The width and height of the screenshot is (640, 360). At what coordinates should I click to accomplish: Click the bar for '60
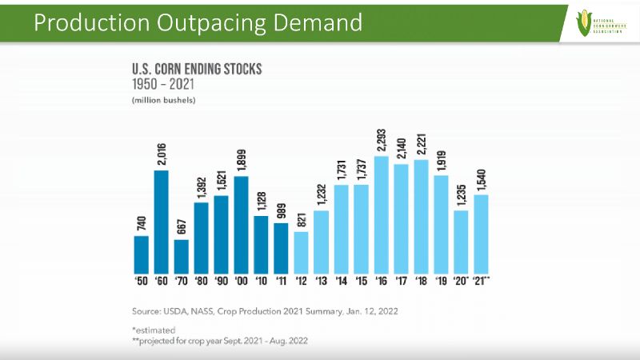click(162, 221)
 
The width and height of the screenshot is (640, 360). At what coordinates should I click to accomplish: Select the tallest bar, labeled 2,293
click(382, 214)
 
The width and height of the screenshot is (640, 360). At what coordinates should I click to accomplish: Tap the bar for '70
click(182, 256)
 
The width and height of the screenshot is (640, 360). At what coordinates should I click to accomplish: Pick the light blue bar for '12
click(302, 252)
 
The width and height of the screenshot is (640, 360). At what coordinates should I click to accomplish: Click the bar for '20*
click(462, 241)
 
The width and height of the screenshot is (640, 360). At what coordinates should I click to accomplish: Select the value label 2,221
click(422, 142)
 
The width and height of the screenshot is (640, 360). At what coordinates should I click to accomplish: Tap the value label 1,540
click(482, 179)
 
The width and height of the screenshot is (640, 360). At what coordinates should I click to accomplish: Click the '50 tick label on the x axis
click(141, 282)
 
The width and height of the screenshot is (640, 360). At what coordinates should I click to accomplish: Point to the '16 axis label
click(382, 282)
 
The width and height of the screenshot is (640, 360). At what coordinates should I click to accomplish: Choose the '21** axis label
click(482, 282)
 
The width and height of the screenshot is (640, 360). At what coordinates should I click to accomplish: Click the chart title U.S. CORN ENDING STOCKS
click(197, 70)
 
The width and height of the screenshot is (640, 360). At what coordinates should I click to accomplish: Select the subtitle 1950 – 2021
click(166, 84)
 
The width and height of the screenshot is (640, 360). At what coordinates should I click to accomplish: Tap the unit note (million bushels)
click(164, 100)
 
